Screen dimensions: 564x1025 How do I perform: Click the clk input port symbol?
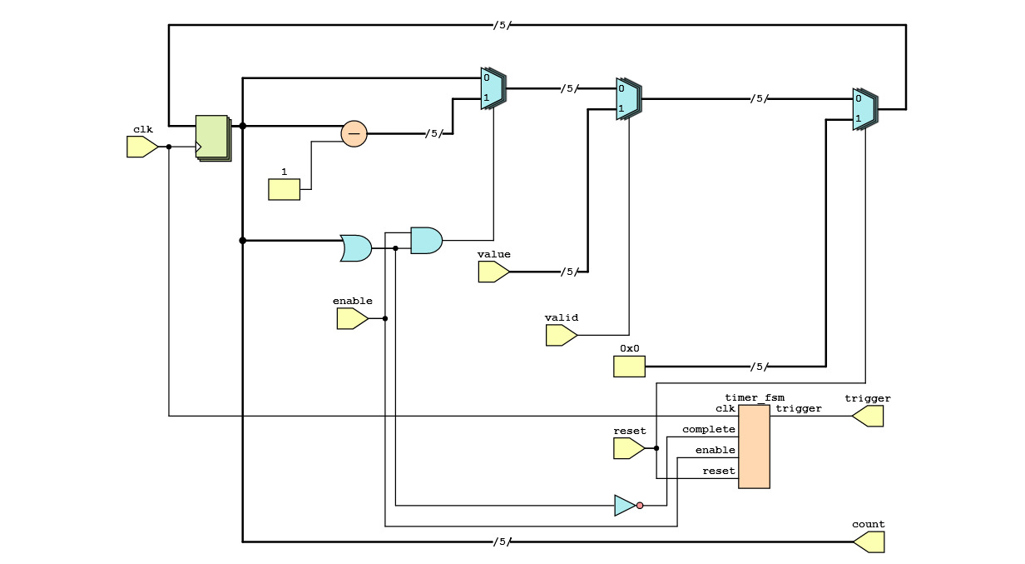tap(141, 147)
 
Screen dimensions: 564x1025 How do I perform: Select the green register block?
tap(212, 137)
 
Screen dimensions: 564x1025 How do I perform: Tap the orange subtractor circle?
tap(354, 133)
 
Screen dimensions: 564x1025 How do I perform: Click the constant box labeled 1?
tap(284, 190)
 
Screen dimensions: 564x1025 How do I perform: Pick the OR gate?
tap(356, 248)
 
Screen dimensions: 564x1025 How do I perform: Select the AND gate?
tap(426, 241)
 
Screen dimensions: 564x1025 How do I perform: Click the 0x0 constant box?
tap(629, 367)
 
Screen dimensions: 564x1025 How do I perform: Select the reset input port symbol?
tap(628, 449)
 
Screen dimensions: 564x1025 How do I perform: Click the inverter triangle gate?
tap(625, 506)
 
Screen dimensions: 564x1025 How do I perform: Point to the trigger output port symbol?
tap(868, 417)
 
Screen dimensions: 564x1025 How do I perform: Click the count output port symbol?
tap(869, 542)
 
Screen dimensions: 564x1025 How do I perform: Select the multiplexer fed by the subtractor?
tap(493, 88)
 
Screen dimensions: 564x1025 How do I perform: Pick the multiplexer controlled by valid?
tap(628, 99)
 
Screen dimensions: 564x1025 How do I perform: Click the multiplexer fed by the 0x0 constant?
tap(864, 109)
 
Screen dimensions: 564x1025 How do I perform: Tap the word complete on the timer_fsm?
tap(709, 430)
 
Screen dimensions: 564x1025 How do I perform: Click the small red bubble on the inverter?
tap(640, 506)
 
